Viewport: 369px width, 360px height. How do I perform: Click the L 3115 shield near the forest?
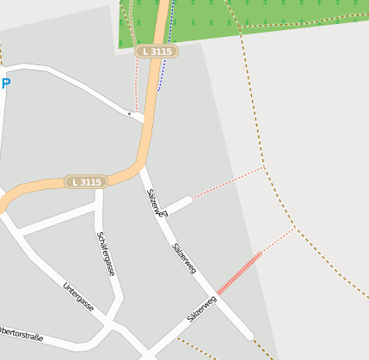point(157,52)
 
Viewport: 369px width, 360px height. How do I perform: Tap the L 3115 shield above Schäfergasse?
point(87,182)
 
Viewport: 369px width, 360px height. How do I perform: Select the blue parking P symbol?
point(6,83)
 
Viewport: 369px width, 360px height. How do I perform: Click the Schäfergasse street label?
point(106,253)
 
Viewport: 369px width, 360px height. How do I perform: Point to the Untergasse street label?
point(78,297)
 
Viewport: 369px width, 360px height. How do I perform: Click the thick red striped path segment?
point(239,273)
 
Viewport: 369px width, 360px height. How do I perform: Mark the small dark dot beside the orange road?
point(130,113)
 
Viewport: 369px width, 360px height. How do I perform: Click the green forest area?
point(258,21)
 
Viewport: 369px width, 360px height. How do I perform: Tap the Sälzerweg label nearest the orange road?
point(156,203)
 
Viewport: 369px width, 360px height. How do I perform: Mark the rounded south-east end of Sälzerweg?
point(249,334)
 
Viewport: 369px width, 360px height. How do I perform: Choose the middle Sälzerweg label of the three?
point(184,258)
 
